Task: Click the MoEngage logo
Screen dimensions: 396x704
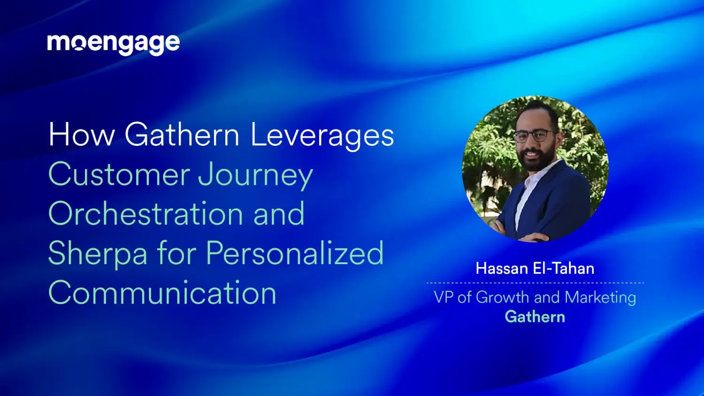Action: (x=113, y=44)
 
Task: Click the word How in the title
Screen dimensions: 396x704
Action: (x=82, y=135)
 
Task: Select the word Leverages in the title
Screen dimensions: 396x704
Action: (x=322, y=136)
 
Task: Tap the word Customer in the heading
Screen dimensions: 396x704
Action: (x=119, y=175)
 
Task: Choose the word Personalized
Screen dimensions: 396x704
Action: (x=295, y=253)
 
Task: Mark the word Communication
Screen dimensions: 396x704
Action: (x=162, y=293)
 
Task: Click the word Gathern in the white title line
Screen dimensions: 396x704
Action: (x=182, y=135)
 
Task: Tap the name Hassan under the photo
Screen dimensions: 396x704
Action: (x=502, y=268)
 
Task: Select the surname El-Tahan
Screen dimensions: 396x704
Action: (x=564, y=268)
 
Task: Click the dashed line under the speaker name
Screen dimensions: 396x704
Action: (x=535, y=283)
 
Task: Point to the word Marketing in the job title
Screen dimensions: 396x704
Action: (x=600, y=297)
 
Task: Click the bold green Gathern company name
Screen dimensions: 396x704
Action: (x=535, y=317)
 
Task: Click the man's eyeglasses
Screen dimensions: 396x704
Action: (x=535, y=136)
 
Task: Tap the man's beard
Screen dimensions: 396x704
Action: (x=536, y=162)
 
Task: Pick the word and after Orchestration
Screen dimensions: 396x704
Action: (x=279, y=214)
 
